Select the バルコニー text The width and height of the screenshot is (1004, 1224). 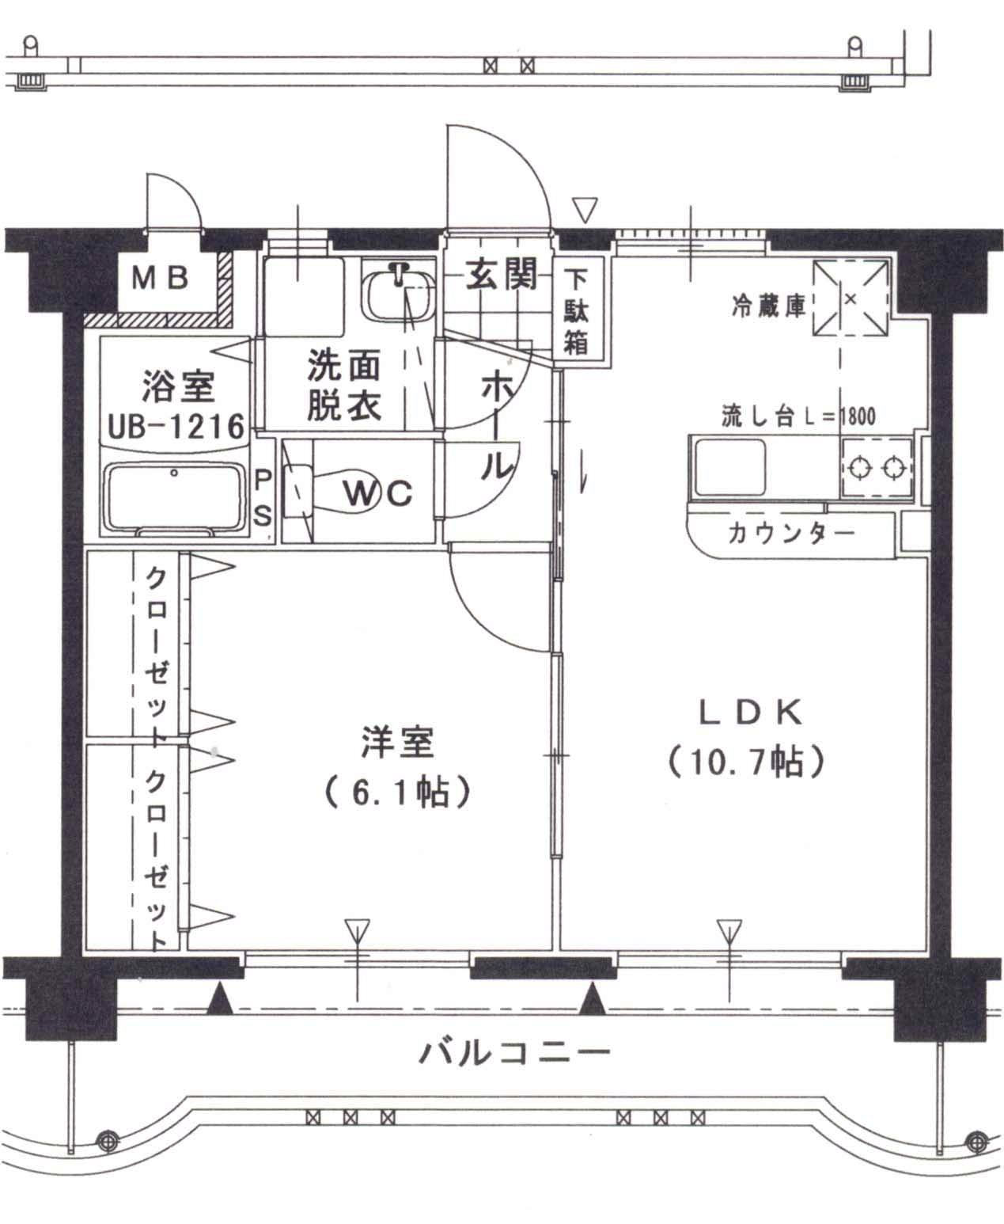tap(514, 1052)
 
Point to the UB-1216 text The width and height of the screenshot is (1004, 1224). tap(176, 427)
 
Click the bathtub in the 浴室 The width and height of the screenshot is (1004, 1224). tap(174, 499)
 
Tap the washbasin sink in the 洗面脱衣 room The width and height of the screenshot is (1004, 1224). tap(398, 294)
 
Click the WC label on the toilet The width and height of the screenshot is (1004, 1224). tap(377, 493)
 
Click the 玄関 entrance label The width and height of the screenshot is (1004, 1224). tap(500, 274)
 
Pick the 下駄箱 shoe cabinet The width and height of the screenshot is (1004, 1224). tap(577, 311)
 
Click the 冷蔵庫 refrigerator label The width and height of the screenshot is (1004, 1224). tap(768, 307)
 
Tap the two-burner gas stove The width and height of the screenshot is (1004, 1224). tap(875, 469)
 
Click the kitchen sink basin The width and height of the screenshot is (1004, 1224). tap(730, 467)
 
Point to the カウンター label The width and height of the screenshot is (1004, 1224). tap(790, 533)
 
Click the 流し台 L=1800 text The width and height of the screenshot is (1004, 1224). tap(798, 415)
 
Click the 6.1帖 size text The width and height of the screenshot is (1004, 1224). tap(397, 791)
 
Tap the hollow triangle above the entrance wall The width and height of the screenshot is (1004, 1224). tap(585, 210)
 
